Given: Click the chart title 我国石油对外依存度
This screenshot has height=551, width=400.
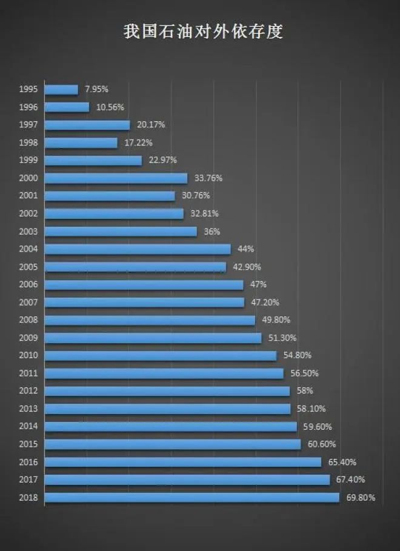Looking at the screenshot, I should tap(203, 32).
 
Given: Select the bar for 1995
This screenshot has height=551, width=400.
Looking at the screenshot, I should tap(61, 90).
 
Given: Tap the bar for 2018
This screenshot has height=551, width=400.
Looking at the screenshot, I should tap(192, 498).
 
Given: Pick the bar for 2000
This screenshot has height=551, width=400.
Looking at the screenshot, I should tap(116, 178).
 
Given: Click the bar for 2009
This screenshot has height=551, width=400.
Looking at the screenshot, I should tap(153, 338).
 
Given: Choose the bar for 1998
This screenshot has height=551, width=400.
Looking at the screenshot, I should tap(81, 143).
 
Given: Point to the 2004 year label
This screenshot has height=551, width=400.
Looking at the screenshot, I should tap(28, 249).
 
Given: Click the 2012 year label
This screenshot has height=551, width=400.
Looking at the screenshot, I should tap(28, 391).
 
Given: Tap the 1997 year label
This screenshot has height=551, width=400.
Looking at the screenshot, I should tap(28, 125).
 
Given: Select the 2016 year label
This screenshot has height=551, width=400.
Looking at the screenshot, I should tap(28, 462).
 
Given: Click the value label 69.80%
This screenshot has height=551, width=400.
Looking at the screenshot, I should tap(360, 498).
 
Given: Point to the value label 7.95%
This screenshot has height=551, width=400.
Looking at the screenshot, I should tap(97, 90).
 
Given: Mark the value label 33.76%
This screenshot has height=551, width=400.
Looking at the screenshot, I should tap(208, 178).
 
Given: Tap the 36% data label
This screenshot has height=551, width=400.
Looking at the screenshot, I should tap(212, 232).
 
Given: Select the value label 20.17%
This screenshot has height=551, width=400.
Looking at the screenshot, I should tap(151, 125).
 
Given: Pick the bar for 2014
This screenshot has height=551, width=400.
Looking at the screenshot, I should tap(170, 427).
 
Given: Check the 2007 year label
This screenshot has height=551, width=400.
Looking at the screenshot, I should tap(28, 302).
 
